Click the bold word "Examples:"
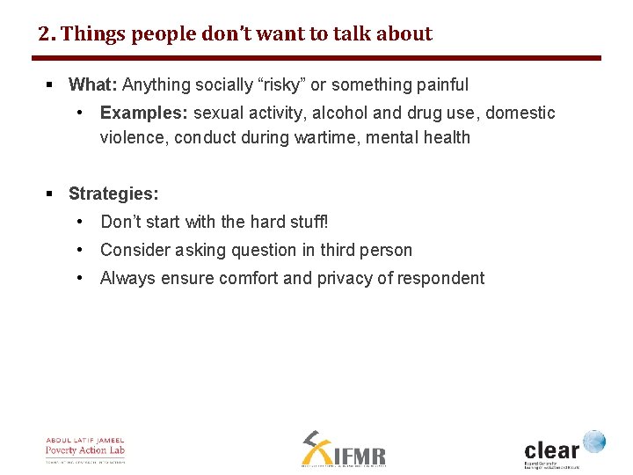144,113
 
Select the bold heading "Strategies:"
113,194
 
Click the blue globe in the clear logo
594,441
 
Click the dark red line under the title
316,58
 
